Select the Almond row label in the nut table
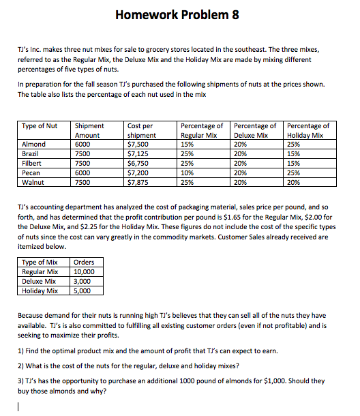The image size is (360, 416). point(34,145)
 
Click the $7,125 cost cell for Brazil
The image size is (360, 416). point(138,154)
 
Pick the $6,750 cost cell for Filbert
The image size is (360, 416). point(138,164)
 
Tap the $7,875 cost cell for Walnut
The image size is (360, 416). point(138,183)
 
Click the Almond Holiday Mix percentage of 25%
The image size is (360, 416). point(295,145)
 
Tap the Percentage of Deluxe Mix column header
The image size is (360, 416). point(255,130)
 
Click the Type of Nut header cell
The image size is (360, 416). point(40,126)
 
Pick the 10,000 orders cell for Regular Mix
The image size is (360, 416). point(85,271)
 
